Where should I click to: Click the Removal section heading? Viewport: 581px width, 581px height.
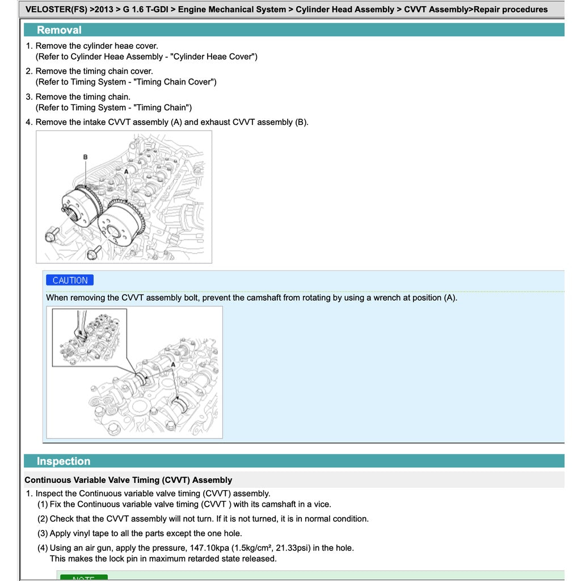click(59, 30)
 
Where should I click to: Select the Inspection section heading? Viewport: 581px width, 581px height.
click(64, 461)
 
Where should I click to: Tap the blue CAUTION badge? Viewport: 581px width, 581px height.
click(70, 280)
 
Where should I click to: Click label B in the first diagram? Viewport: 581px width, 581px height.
click(85, 157)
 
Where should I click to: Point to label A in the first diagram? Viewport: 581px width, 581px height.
click(126, 171)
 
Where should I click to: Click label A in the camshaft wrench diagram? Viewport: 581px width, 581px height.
click(173, 365)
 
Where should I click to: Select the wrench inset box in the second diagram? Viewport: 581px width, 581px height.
click(89, 337)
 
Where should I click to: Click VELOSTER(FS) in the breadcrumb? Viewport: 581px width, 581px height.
click(56, 9)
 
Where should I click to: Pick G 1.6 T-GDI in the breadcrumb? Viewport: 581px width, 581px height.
click(145, 9)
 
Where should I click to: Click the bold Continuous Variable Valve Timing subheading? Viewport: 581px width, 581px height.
click(128, 480)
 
